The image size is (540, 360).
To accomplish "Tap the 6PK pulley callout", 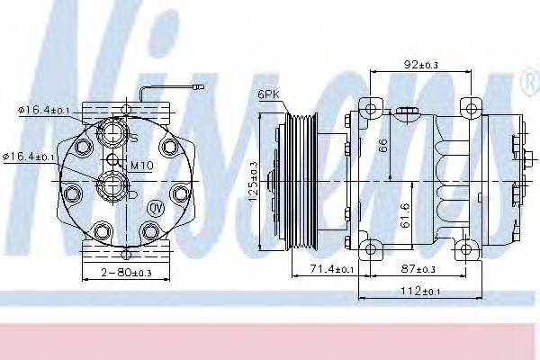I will (268, 93).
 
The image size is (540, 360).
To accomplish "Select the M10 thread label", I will (140, 165).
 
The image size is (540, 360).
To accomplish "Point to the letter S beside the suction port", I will (134, 139).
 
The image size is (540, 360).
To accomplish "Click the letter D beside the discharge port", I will (133, 193).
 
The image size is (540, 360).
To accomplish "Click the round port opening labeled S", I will (113, 134).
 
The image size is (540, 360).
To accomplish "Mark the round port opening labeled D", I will (113, 187).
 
